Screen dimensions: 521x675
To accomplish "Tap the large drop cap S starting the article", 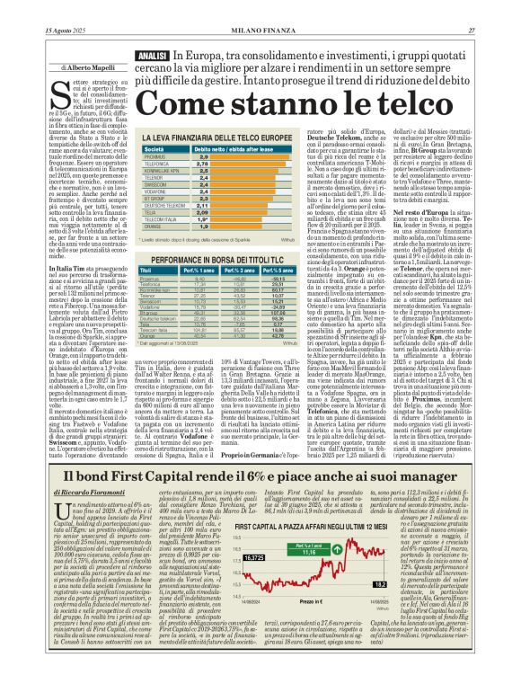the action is click(x=57, y=89).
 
